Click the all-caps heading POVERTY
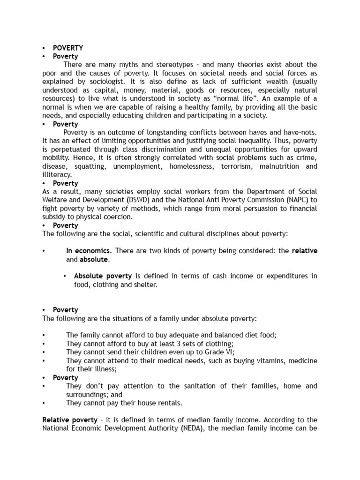[x=68, y=48]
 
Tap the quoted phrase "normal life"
[x=239, y=98]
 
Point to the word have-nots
[x=300, y=133]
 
